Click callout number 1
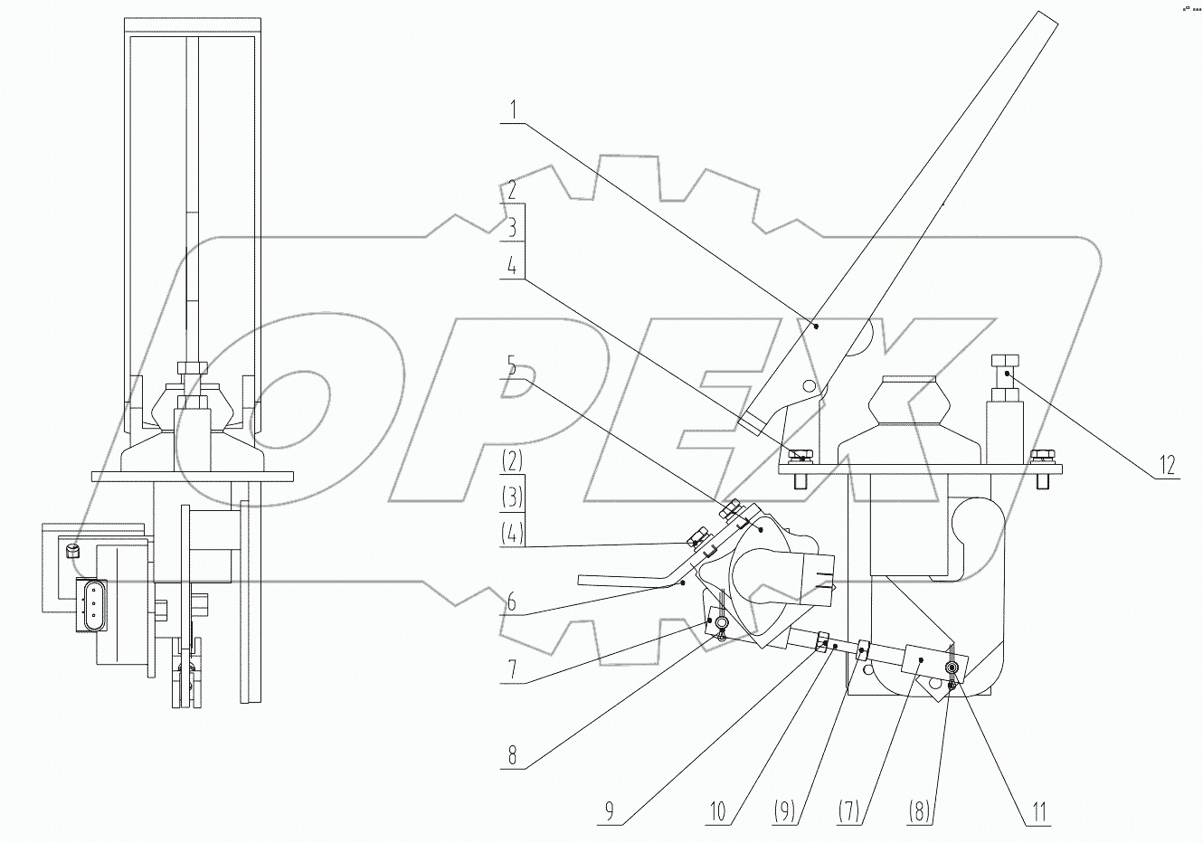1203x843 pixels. point(512,112)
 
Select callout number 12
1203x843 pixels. point(1166,465)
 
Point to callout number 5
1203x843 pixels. point(512,365)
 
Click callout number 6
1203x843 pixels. point(512,600)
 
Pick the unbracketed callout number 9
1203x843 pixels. point(608,811)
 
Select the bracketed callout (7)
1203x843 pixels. point(851,811)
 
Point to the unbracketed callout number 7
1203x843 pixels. point(512,669)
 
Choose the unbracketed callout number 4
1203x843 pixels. point(512,266)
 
